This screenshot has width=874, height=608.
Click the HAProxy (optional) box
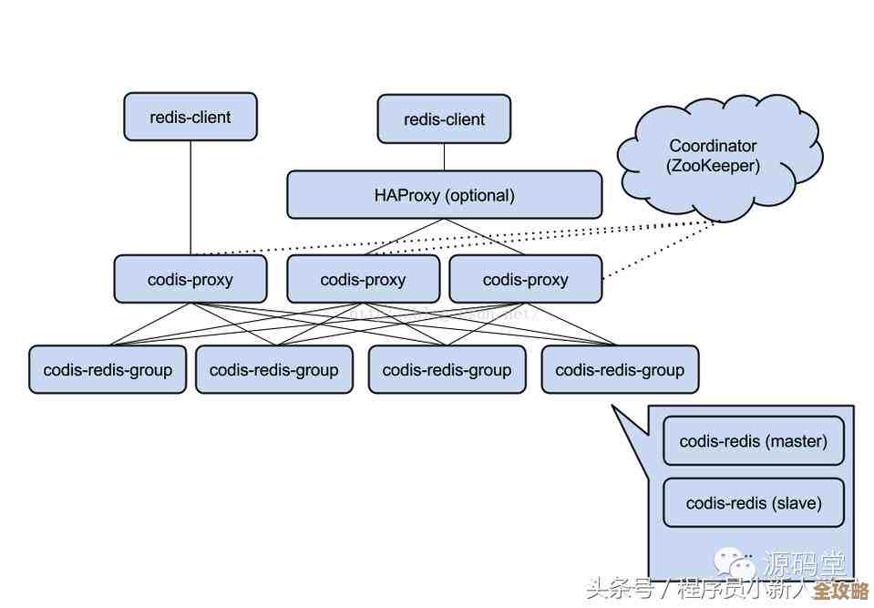(444, 195)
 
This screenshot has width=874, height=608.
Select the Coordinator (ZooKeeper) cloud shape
(716, 156)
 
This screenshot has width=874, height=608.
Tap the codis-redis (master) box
(753, 441)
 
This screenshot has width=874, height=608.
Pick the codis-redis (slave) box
(753, 503)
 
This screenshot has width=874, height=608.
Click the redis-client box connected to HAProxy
(444, 119)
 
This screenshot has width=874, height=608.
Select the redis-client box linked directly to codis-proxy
(190, 117)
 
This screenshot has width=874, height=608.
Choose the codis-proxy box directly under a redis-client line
(190, 279)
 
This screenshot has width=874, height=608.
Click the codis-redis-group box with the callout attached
(620, 369)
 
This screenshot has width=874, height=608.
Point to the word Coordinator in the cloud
(713, 146)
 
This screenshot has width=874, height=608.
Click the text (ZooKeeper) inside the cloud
(713, 167)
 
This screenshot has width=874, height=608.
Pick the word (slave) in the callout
(797, 503)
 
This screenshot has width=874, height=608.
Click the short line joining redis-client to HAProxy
(444, 156)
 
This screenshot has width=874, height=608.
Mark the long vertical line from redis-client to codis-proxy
(190, 196)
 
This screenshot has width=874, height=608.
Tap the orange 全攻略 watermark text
(840, 590)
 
